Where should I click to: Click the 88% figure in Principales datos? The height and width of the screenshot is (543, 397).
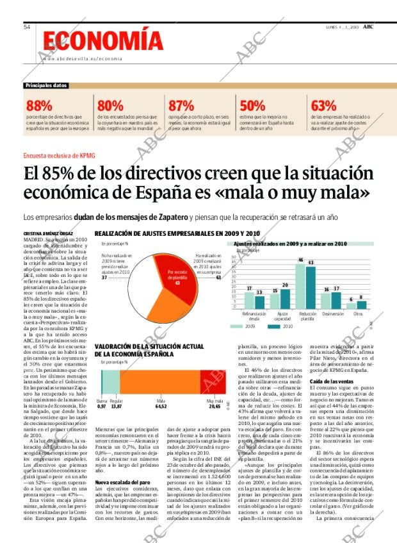click(39, 106)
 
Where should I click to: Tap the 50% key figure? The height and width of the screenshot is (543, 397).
click(252, 106)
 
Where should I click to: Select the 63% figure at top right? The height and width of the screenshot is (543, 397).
click(323, 106)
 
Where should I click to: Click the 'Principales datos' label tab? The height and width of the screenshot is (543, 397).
click(46, 86)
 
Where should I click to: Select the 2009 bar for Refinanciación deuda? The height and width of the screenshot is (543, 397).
click(249, 301)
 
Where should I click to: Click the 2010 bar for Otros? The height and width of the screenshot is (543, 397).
click(361, 305)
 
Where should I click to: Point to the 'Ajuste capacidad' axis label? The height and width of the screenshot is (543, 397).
click(282, 316)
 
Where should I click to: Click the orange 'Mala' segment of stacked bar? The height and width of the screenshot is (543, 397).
click(160, 382)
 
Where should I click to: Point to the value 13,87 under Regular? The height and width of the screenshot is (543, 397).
click(116, 406)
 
